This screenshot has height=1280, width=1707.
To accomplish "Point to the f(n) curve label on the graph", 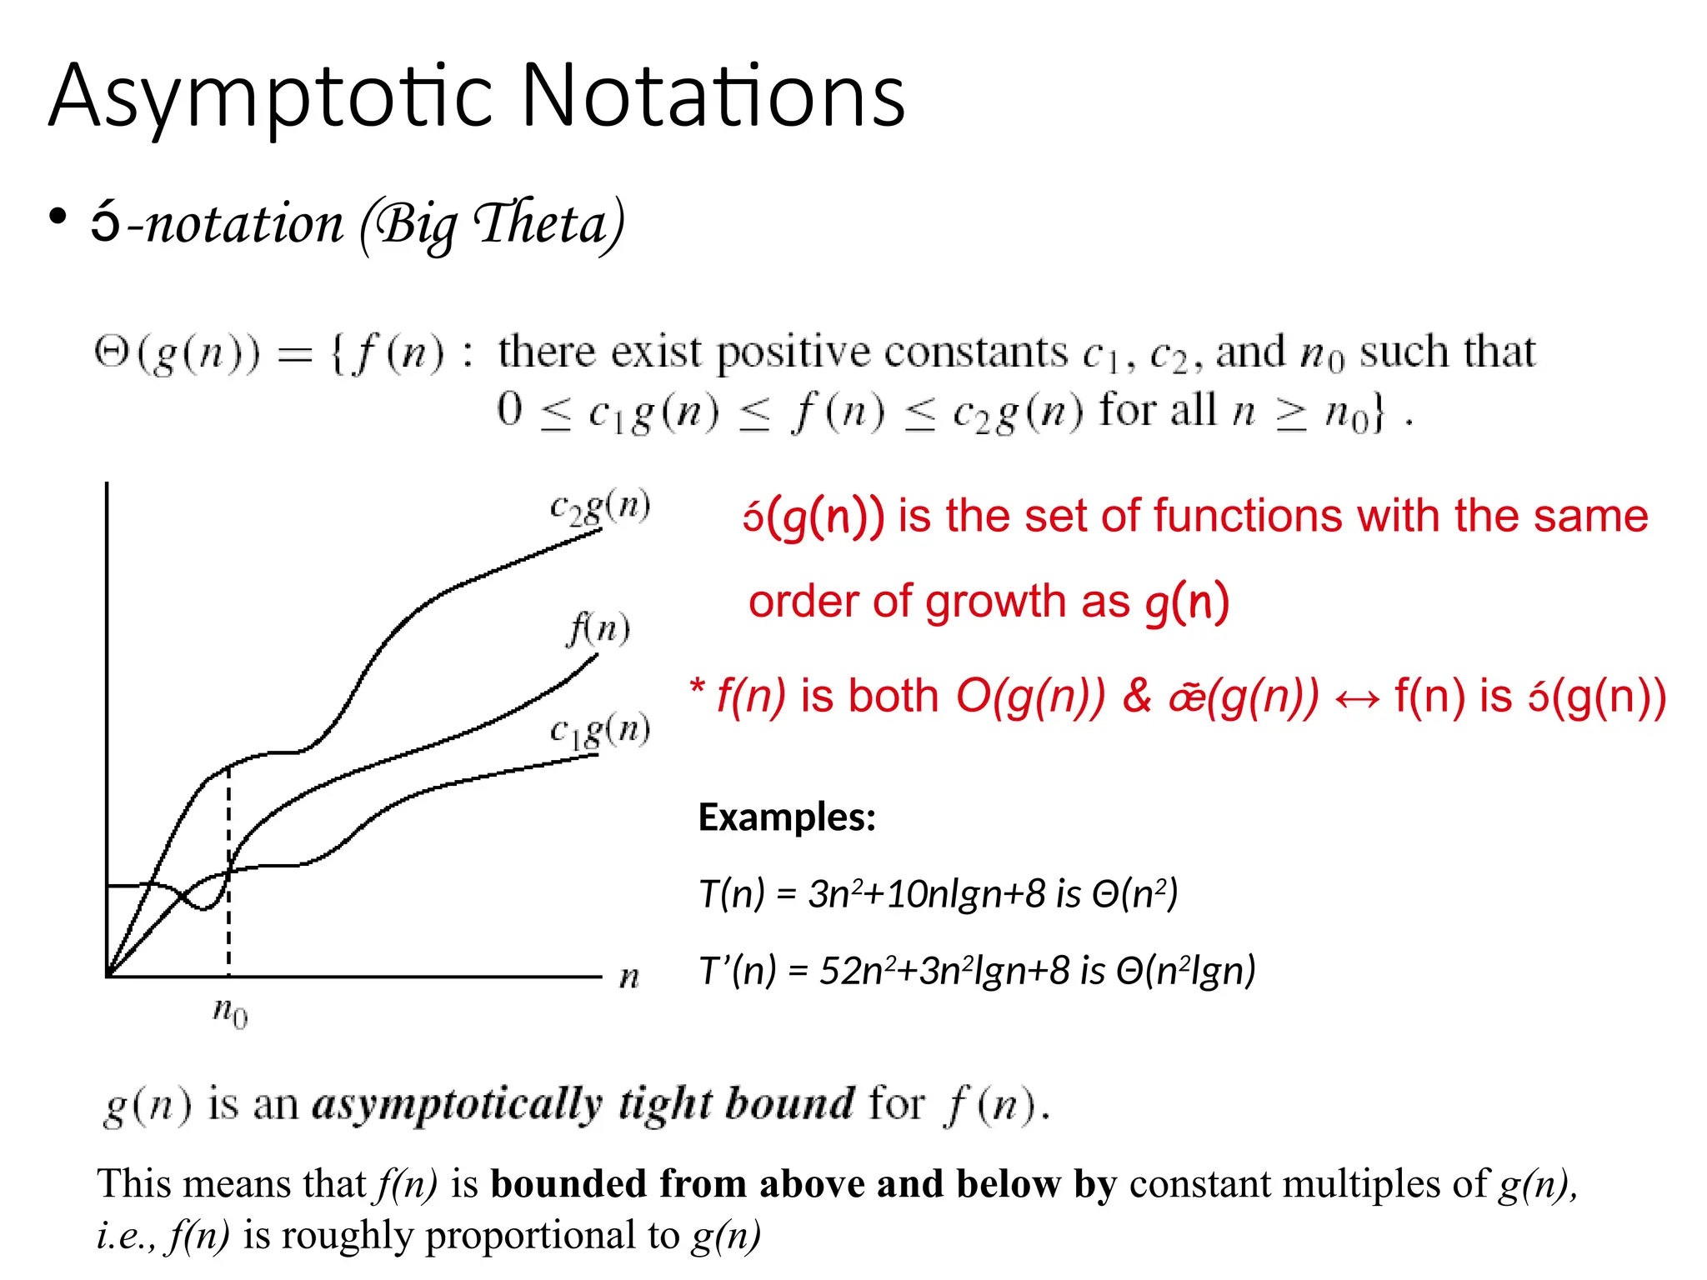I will [x=598, y=628].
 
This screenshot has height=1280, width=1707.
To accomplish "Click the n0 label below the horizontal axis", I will [x=230, y=1012].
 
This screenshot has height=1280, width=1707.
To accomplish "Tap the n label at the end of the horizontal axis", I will [x=629, y=976].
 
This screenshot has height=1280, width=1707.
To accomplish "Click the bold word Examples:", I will [x=787, y=817].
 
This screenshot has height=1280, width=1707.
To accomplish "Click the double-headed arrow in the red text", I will [x=1357, y=698].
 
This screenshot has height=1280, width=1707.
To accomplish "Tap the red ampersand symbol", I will [x=1137, y=696].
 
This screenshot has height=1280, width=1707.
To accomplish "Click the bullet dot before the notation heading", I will [x=58, y=217].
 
